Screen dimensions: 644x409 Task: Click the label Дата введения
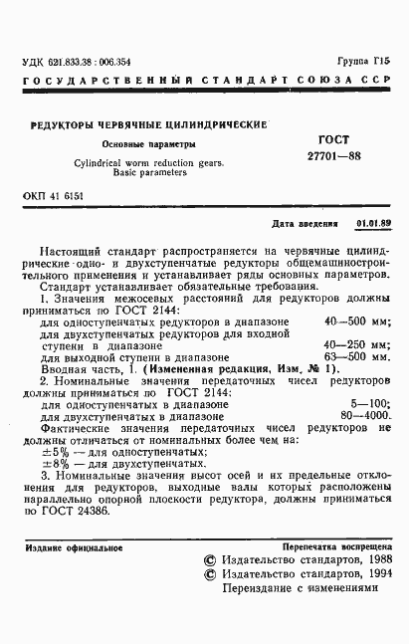pyautogui.click(x=305, y=225)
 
